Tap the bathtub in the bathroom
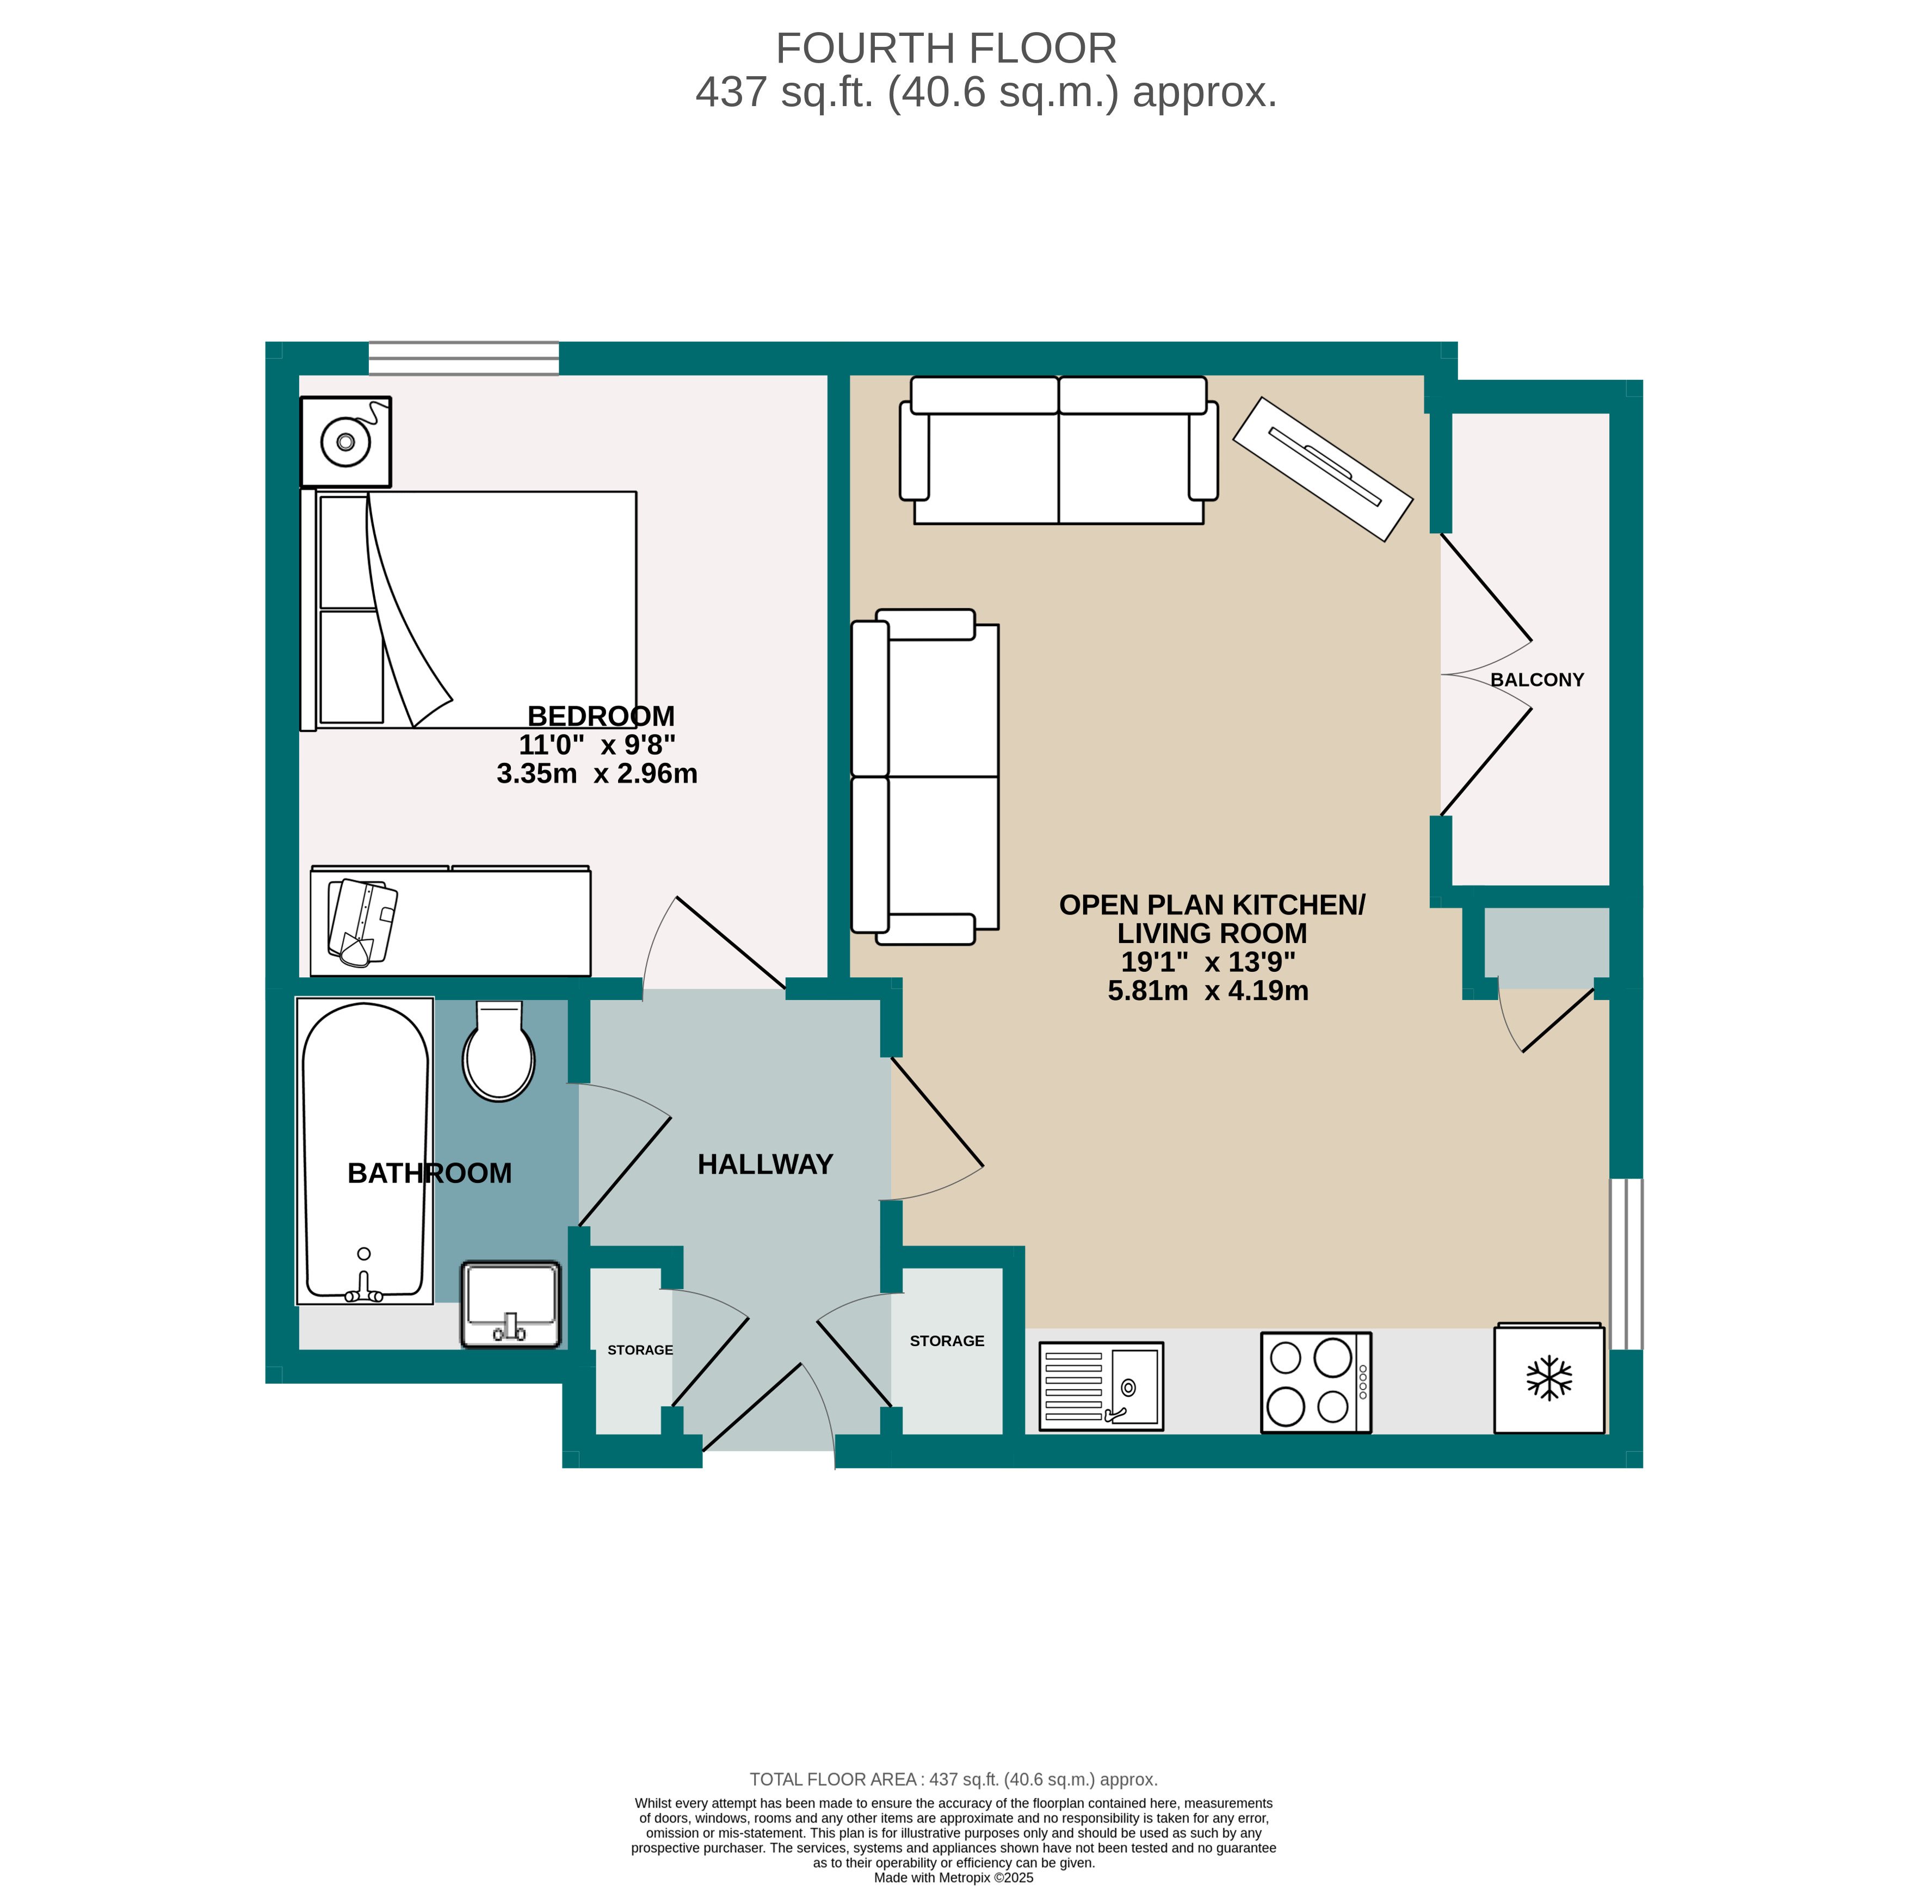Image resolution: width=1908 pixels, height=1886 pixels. pyautogui.click(x=365, y=1151)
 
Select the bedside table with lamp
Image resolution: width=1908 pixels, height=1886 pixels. pyautogui.click(x=345, y=442)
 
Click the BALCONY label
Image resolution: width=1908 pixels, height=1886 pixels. pyautogui.click(x=1536, y=680)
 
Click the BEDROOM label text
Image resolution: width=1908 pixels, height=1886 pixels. pyautogui.click(x=601, y=716)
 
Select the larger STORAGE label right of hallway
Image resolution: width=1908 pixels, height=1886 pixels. pyautogui.click(x=946, y=1341)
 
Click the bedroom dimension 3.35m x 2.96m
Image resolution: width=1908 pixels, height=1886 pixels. pyautogui.click(x=596, y=774)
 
